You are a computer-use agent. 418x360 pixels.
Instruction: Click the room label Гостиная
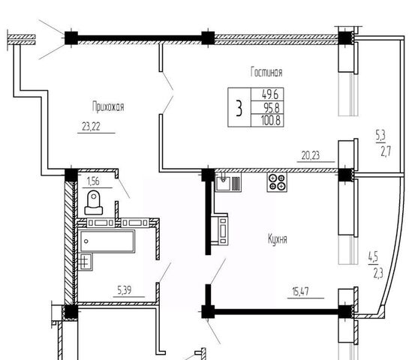(x=266, y=72)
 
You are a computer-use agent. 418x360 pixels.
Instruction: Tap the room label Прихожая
(x=108, y=106)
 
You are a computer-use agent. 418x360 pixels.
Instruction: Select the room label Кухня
(x=278, y=238)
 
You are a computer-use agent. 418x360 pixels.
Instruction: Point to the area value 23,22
(x=91, y=127)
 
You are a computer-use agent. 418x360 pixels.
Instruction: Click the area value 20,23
(x=310, y=155)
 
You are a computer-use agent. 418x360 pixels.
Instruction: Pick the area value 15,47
(x=301, y=292)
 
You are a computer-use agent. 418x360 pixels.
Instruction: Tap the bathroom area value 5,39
(x=125, y=290)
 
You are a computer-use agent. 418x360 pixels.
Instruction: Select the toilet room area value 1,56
(x=93, y=181)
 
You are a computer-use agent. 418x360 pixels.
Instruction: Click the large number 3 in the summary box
(x=239, y=108)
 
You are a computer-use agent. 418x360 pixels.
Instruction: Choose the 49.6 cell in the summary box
(x=270, y=94)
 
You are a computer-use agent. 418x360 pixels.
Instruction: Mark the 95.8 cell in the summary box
(x=272, y=108)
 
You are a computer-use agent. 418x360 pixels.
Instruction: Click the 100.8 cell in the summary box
(x=271, y=121)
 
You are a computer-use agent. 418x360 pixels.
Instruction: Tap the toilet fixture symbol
(x=94, y=202)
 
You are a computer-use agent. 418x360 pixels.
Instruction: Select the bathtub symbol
(x=107, y=241)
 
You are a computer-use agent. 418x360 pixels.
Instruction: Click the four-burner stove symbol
(x=277, y=182)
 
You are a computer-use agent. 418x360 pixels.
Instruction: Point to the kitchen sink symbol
(x=228, y=182)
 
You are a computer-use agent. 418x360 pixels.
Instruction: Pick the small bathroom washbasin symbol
(x=86, y=262)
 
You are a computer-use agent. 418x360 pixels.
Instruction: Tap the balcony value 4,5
(x=373, y=257)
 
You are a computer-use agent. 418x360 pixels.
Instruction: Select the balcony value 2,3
(x=378, y=274)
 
